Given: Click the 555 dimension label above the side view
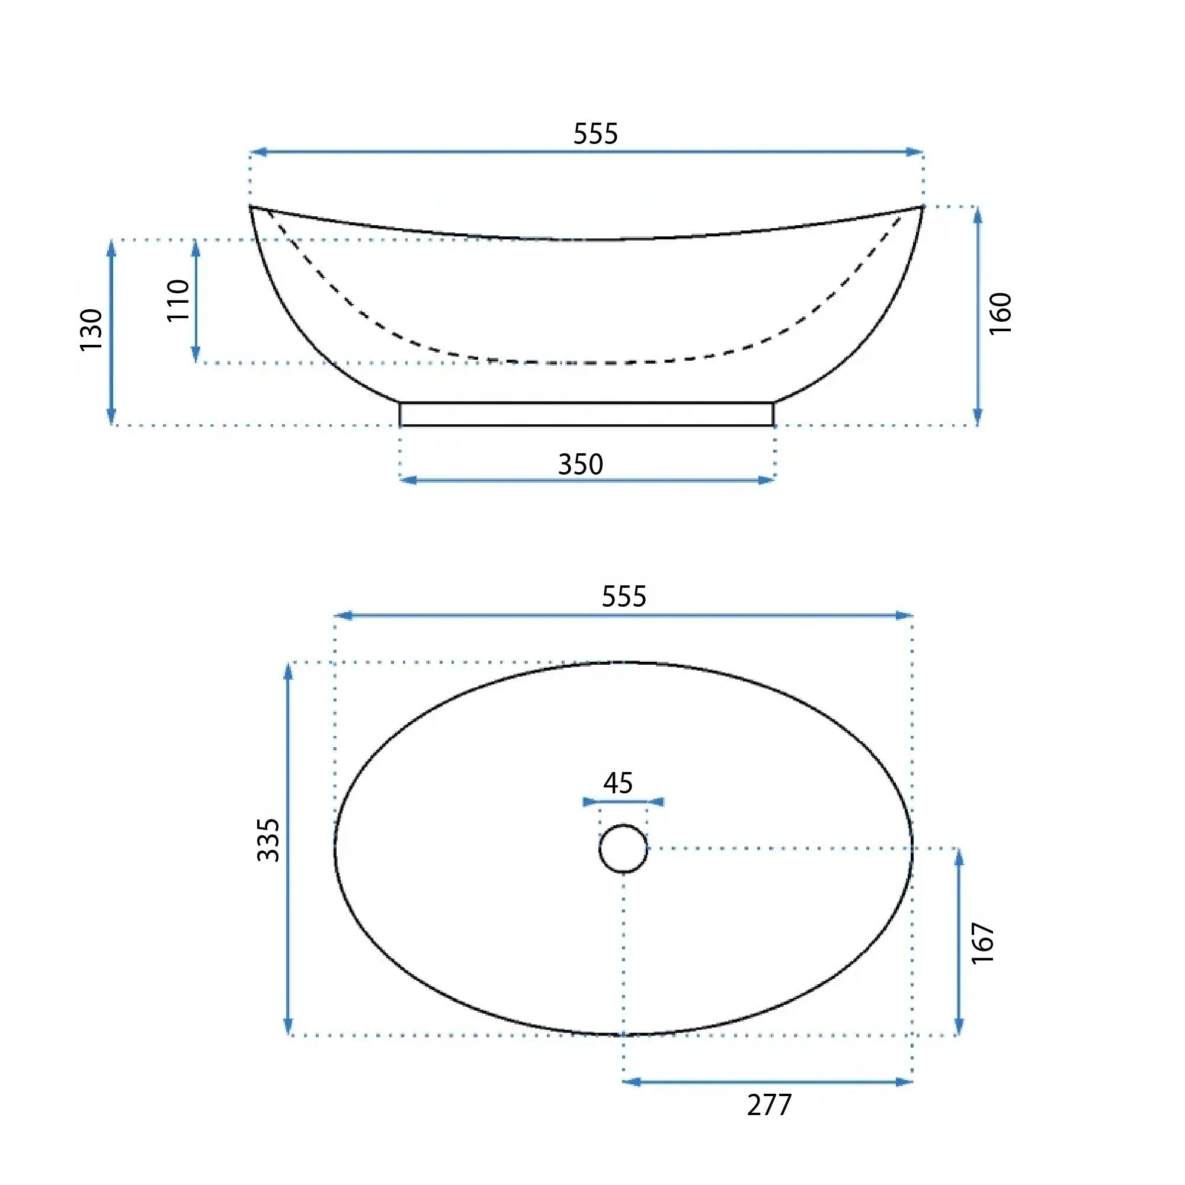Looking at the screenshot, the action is click(595, 133).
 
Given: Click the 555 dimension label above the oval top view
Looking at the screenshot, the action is click(624, 596).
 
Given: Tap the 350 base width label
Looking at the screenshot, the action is click(580, 465).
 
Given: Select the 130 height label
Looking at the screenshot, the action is click(91, 330).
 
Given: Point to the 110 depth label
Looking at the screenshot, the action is click(178, 300).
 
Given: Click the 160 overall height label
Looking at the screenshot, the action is click(1000, 313).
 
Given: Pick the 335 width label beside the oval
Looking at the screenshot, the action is click(268, 840).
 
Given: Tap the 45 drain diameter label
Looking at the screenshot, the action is click(617, 783).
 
